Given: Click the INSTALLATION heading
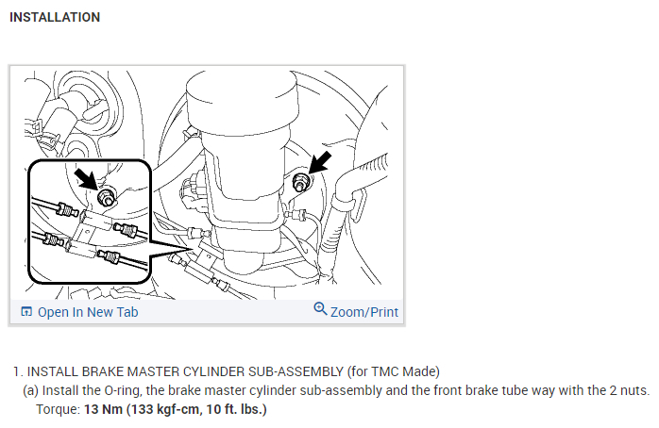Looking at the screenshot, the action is point(55,17).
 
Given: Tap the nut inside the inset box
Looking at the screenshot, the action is point(106,196).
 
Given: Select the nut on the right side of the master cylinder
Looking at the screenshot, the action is point(302,183).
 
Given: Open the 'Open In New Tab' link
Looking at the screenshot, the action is point(88,312).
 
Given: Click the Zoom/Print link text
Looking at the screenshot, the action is point(364,312).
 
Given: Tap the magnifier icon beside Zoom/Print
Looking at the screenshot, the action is point(320,309).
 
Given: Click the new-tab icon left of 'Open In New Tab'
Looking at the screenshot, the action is point(26,312).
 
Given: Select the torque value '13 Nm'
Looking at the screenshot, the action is point(102,410).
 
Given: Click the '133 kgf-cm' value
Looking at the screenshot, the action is point(165,410).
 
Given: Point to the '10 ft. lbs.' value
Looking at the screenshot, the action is point(232,410).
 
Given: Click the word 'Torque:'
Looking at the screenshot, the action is point(57,410).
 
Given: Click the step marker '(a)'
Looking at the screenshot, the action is point(31,389).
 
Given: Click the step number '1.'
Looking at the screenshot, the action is point(18,370).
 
